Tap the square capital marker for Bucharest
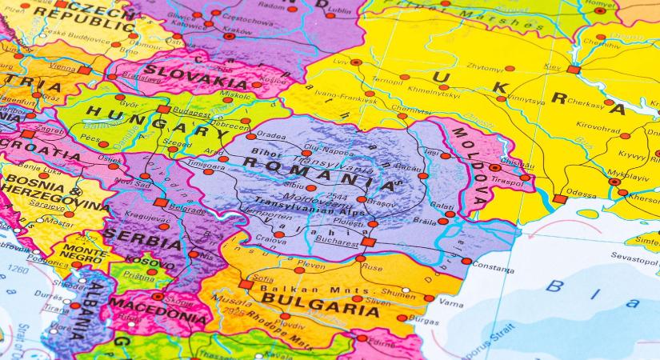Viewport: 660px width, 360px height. [367, 241]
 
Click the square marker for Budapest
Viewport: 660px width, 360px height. [163, 109]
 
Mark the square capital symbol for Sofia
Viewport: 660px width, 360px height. [246, 284]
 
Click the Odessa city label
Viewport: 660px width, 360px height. [581, 193]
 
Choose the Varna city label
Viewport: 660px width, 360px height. [450, 304]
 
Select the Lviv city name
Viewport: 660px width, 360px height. [341, 61]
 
